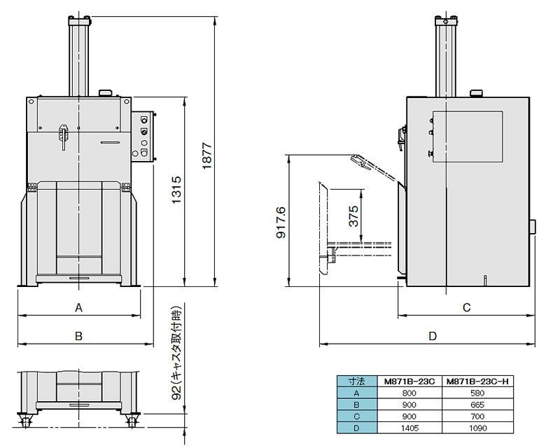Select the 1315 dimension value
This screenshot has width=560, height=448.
pos(176,190)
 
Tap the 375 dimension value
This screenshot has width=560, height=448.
pos(353,214)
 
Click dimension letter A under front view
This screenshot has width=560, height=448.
pos(79,307)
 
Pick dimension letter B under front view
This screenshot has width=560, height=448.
pos(79,336)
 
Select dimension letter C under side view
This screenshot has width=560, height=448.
pos(467,307)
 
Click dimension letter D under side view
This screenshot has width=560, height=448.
pos(433,336)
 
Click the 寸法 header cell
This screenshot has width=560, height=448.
pos(356,382)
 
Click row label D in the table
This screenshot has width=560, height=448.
pos(356,427)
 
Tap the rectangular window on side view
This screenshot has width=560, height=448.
pos(467,136)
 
